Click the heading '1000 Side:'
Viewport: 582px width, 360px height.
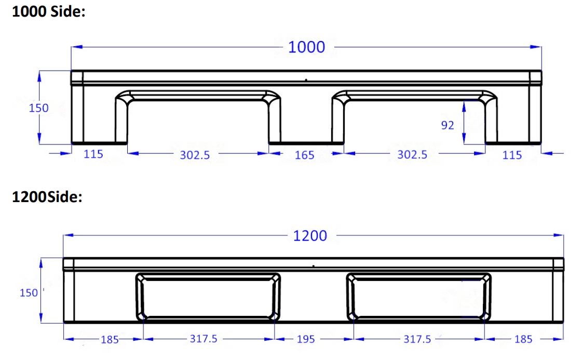[48, 12]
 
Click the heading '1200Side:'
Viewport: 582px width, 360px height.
[47, 197]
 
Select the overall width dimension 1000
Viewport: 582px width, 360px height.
[306, 47]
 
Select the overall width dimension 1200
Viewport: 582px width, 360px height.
[310, 236]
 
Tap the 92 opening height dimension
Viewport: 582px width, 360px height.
[447, 125]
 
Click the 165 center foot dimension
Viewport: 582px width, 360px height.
[304, 155]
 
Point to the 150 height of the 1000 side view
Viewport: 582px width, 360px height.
[39, 108]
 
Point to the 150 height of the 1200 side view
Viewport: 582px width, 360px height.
[29, 292]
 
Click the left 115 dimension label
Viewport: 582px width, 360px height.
[93, 154]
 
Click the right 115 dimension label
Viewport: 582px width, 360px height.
[512, 155]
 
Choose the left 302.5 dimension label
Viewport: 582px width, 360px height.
[195, 155]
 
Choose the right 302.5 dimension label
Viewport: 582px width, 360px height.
[412, 154]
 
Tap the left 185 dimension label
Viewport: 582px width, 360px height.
[110, 339]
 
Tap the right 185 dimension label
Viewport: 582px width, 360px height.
[523, 339]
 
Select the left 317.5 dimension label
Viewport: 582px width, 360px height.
[204, 339]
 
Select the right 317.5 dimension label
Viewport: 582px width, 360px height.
[417, 339]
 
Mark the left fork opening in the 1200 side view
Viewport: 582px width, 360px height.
[208, 297]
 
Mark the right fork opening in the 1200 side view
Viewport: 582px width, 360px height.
[418, 297]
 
